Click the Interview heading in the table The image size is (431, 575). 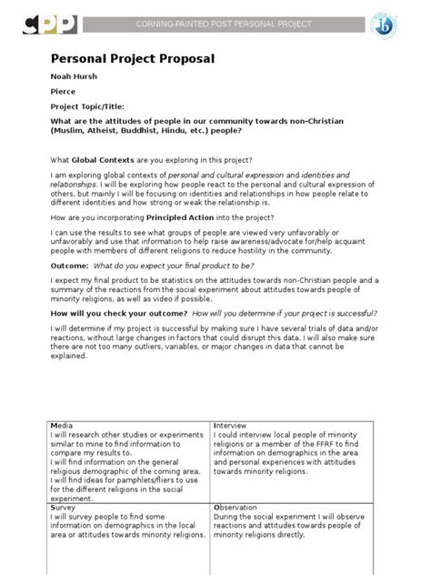click(229, 425)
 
